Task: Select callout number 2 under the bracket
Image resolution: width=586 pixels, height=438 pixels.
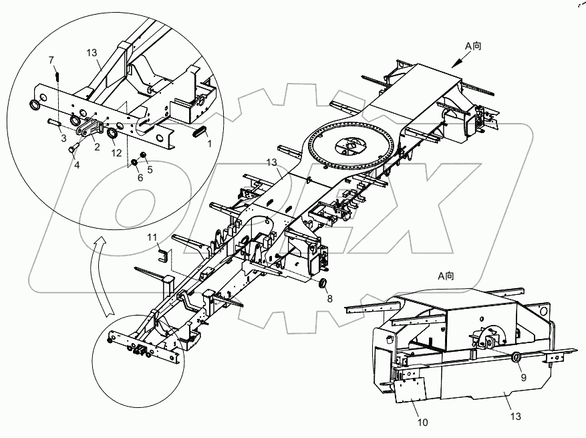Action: pos(97,147)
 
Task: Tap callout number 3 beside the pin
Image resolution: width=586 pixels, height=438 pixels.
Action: pos(63,138)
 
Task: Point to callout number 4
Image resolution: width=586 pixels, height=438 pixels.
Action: pos(77,165)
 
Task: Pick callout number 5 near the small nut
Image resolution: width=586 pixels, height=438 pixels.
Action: pos(149,169)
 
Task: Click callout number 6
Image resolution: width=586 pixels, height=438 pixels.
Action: pos(140,178)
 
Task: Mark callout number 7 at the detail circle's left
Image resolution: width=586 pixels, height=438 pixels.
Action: pos(51,61)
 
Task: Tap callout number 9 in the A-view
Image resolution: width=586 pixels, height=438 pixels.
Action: pos(523,377)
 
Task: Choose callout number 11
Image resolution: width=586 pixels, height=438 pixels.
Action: pos(153,237)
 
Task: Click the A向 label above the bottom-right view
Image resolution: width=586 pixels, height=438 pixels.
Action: pos(446,276)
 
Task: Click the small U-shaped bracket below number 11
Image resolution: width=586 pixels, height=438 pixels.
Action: pos(162,254)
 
